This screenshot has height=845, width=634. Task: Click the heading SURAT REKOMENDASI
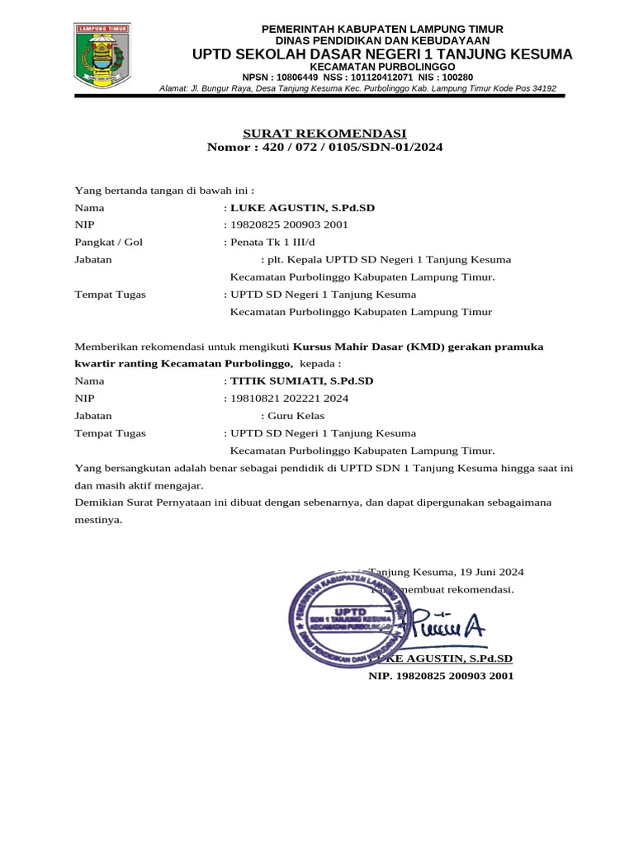(x=324, y=134)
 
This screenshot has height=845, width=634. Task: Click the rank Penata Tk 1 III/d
(x=272, y=243)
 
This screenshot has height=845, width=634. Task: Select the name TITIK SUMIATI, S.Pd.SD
(x=301, y=381)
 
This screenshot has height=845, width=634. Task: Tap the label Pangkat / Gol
(x=108, y=243)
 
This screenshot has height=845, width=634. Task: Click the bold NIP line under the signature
(x=441, y=676)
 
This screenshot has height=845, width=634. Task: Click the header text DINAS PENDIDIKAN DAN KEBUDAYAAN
(x=382, y=40)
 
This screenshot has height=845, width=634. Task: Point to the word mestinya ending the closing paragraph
(x=98, y=520)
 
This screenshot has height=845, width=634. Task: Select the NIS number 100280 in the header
(x=457, y=78)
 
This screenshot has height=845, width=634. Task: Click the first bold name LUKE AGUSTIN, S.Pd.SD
(x=302, y=208)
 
